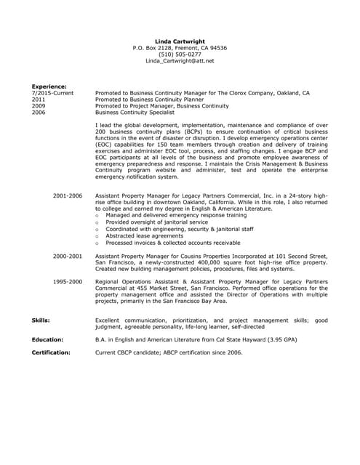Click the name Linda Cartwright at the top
coord(180,41)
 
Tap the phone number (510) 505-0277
coord(180,54)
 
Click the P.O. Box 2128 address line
coord(180,48)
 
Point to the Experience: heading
coord(49,86)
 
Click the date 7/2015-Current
coord(52,93)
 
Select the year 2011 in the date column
coord(38,100)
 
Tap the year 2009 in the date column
coord(38,106)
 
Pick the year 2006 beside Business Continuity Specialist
coord(38,113)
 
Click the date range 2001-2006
coord(68,196)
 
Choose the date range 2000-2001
coord(68,256)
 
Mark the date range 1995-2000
coord(68,280)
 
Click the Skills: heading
coord(41,320)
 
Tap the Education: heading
coord(47,339)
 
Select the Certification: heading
coord(51,352)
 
